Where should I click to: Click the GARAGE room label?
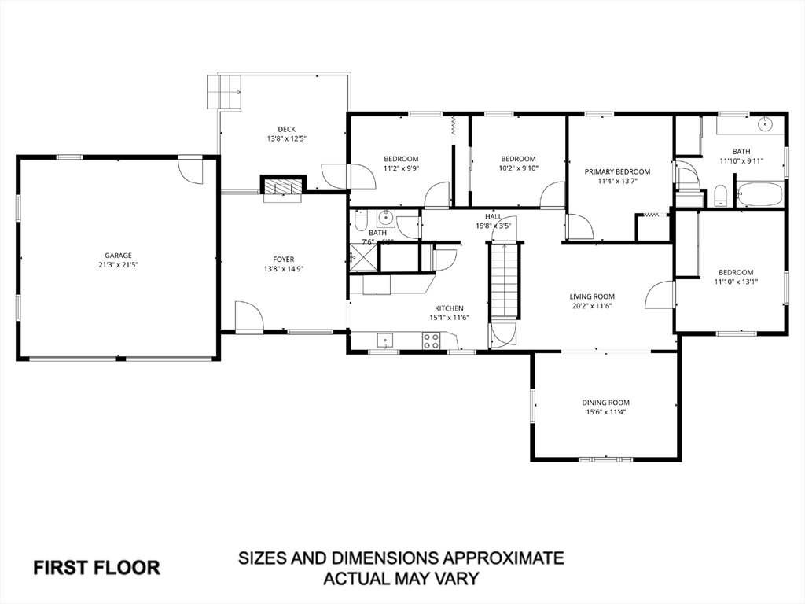[119, 255]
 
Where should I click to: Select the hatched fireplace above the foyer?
[281, 186]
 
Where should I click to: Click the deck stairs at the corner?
[223, 91]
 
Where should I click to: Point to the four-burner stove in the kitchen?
[432, 341]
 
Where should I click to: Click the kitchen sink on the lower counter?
[384, 341]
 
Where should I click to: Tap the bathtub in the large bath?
[759, 194]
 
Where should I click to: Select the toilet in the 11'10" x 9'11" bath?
[720, 196]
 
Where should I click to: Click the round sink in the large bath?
[764, 124]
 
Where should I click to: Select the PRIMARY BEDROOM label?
[617, 171]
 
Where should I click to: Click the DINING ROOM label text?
[605, 403]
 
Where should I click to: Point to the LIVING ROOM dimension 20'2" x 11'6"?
[591, 306]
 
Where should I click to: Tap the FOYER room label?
[283, 260]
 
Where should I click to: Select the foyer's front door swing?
[248, 317]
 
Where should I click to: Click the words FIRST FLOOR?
[97, 567]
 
